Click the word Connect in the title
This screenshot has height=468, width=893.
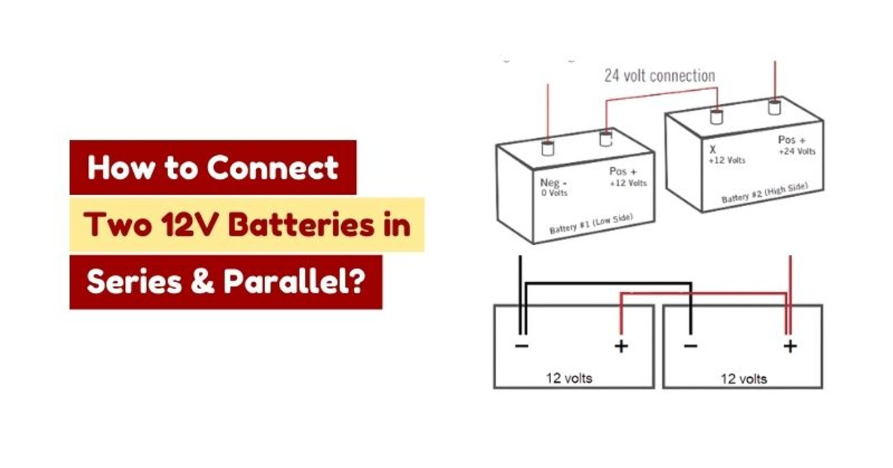coord(273,168)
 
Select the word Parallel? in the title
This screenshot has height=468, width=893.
coord(294,281)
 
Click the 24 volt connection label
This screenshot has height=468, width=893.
coord(660,76)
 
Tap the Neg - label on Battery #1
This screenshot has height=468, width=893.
coord(553,183)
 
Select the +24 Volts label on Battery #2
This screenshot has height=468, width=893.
coord(797,152)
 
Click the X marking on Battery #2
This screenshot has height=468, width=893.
coord(713,149)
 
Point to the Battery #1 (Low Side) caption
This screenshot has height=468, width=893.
coord(591,224)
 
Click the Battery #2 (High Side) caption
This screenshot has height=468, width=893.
coord(765,193)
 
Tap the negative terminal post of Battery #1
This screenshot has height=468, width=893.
coord(548,148)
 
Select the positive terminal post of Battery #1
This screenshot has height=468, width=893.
coord(606,138)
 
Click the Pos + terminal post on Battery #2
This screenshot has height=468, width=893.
coord(774,108)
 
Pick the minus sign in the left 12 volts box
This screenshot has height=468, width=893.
coord(522,346)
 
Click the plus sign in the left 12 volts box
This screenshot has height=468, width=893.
coord(621,346)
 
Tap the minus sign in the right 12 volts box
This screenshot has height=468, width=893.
coord(691,346)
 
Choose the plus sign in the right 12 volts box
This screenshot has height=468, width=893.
coord(790,346)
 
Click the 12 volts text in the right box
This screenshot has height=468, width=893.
coord(744,379)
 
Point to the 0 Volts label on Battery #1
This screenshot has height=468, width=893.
coord(554,193)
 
